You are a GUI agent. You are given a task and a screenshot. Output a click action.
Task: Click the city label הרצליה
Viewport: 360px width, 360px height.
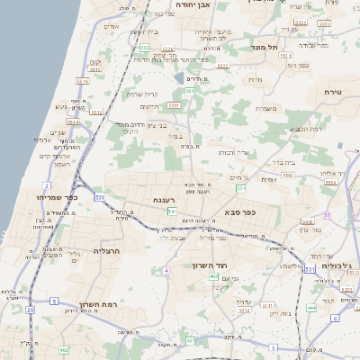(x=106, y=251)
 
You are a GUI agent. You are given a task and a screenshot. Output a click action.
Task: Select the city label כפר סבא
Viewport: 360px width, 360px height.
(x=241, y=212)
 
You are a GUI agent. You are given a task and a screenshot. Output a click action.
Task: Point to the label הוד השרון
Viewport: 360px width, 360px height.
(x=212, y=265)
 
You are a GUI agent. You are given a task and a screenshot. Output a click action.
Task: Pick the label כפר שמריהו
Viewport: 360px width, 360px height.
(x=58, y=196)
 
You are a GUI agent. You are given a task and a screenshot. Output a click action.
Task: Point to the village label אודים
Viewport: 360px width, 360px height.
(x=112, y=26)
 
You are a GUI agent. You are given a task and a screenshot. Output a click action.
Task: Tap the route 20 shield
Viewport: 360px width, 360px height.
(x=30, y=310)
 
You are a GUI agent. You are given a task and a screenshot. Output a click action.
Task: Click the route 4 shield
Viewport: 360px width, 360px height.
(x=166, y=270)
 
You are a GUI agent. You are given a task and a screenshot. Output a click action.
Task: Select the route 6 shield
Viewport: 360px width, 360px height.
(x=335, y=318)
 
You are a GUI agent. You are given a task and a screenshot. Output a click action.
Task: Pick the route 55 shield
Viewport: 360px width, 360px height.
(x=327, y=216)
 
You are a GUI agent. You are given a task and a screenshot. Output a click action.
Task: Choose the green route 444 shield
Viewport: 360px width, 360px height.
(x=310, y=307)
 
